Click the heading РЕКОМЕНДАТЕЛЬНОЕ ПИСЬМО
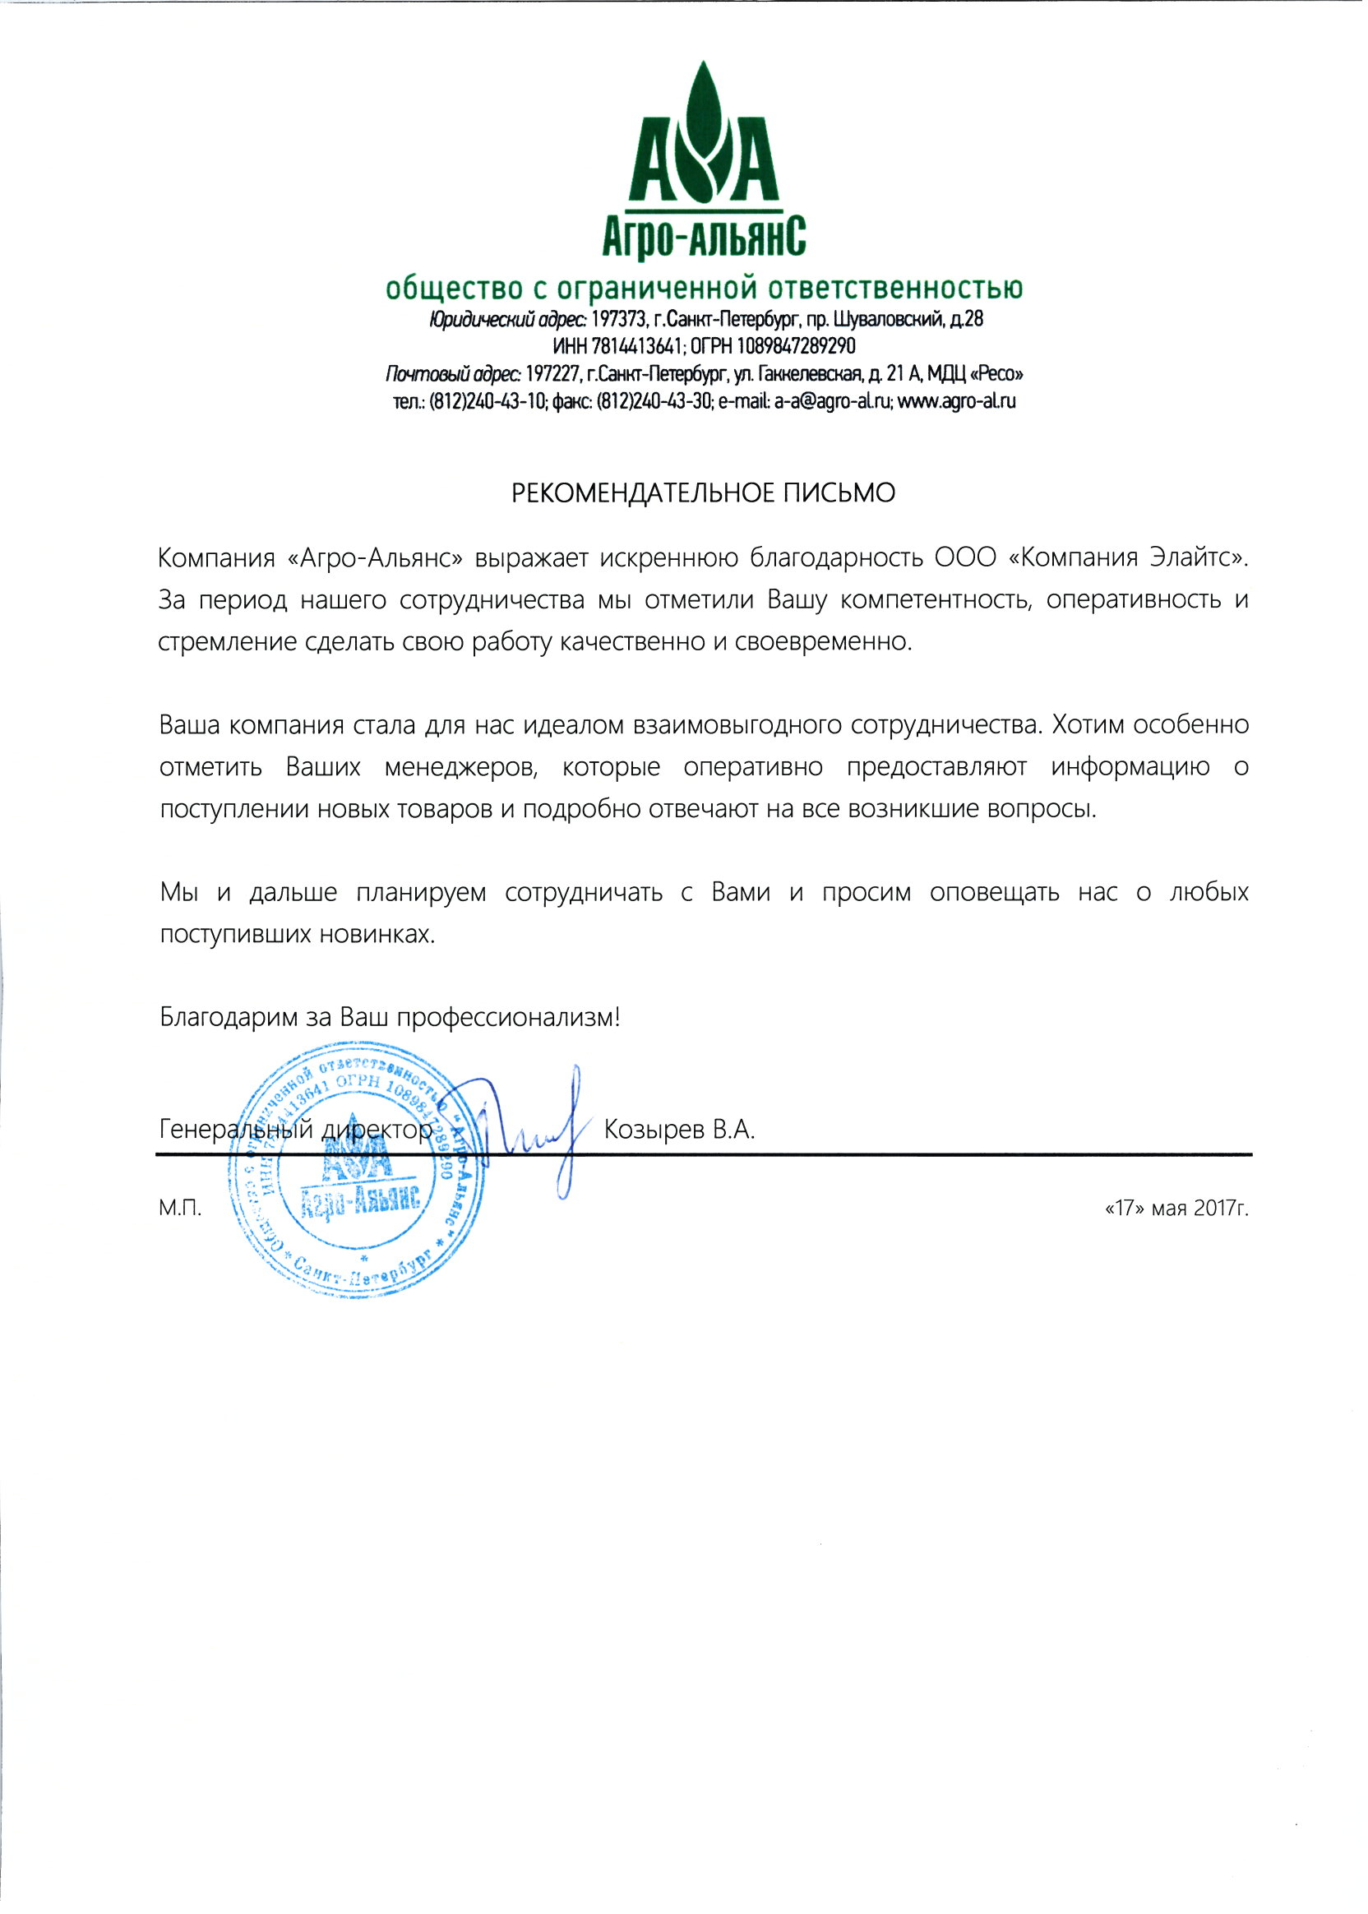point(704,492)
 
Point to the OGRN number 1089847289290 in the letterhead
point(796,346)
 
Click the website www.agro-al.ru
point(957,401)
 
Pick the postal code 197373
point(619,320)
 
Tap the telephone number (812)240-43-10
point(487,401)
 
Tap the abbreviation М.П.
point(180,1209)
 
